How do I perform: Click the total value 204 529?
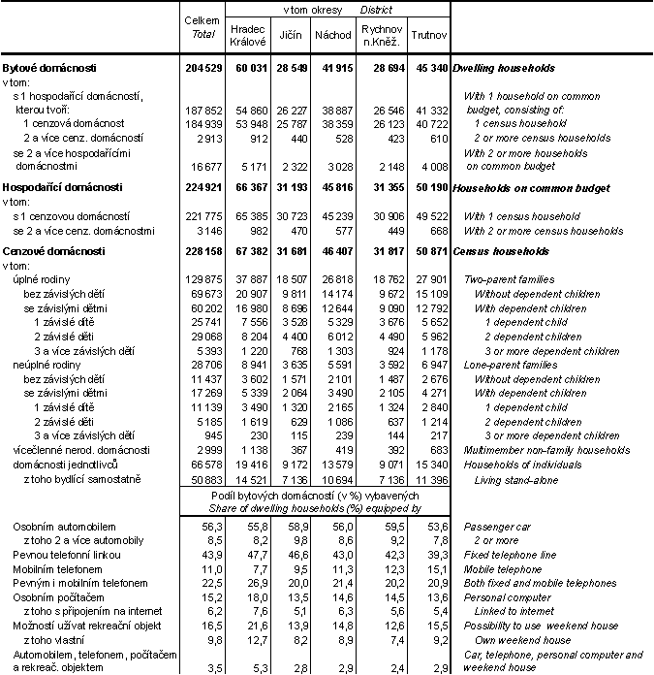202,69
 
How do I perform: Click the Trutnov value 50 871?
428,251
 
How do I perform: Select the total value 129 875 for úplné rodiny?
202,279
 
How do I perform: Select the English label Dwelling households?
505,69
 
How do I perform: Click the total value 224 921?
202,187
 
